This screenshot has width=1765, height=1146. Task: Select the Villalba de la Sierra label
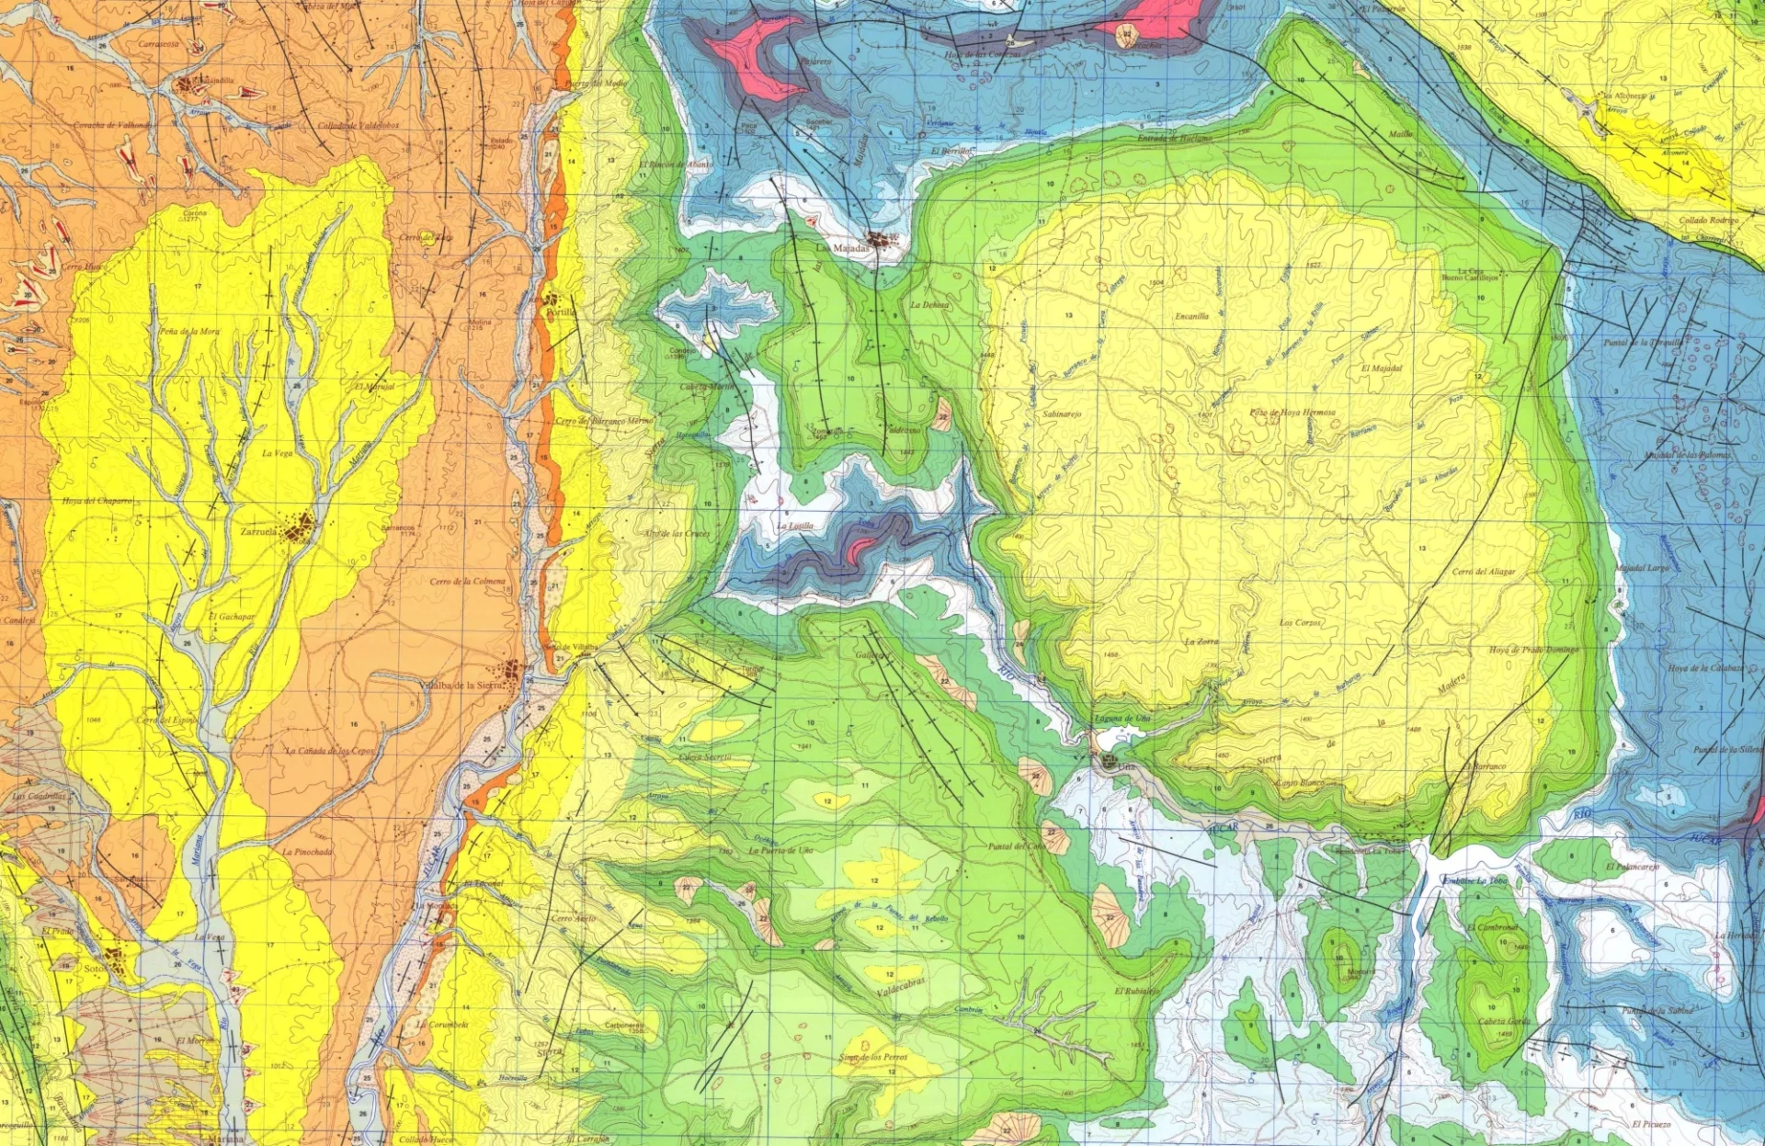pyautogui.click(x=460, y=685)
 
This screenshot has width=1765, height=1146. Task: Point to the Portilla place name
pyautogui.click(x=561, y=312)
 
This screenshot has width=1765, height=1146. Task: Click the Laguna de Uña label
pyautogui.click(x=1122, y=718)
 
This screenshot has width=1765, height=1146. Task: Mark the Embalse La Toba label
pyautogui.click(x=1475, y=880)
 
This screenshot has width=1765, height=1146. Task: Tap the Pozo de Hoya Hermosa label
pyautogui.click(x=1292, y=413)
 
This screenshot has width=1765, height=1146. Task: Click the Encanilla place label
pyautogui.click(x=1191, y=316)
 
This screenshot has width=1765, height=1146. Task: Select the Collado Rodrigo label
pyautogui.click(x=1709, y=221)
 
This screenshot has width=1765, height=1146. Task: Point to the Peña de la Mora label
pyautogui.click(x=189, y=331)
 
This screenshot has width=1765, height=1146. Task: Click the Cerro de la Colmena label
pyautogui.click(x=467, y=581)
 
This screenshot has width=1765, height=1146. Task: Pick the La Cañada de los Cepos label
pyautogui.click(x=330, y=751)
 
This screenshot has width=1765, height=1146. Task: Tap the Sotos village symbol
pyautogui.click(x=116, y=960)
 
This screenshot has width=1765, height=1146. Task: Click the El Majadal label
pyautogui.click(x=1382, y=368)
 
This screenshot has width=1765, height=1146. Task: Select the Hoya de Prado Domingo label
pyautogui.click(x=1533, y=650)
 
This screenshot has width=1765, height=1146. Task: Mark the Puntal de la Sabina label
pyautogui.click(x=1657, y=1011)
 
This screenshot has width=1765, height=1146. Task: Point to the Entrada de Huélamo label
pyautogui.click(x=1175, y=138)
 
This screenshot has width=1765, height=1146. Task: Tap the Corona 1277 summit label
pyautogui.click(x=195, y=215)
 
